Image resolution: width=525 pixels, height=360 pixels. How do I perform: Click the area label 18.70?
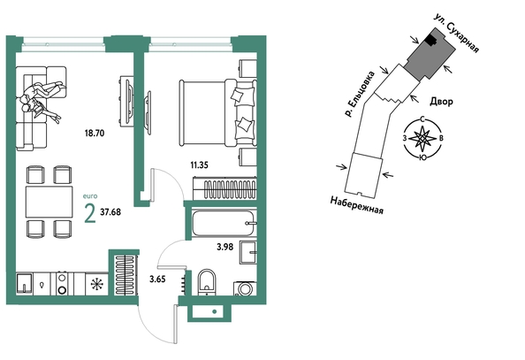95,133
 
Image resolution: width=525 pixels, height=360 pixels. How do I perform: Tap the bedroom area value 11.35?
199,165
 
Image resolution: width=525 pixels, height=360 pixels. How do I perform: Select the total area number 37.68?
110,212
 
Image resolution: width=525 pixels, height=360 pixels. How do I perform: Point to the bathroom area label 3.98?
225,247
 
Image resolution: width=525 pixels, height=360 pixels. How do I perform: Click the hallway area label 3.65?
157,279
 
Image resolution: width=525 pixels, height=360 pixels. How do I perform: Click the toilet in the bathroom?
207,282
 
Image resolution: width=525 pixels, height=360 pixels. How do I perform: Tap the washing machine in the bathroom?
245,288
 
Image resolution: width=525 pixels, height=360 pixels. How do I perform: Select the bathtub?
224,223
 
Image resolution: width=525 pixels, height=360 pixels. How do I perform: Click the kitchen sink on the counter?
25,284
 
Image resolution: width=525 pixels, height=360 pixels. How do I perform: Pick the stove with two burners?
62,283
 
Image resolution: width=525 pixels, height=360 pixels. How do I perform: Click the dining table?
49,203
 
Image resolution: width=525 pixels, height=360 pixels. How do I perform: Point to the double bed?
218,112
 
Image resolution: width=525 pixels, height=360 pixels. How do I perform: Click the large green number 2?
90,213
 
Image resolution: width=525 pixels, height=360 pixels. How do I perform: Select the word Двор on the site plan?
441,101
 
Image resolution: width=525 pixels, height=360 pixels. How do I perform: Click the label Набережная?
356,205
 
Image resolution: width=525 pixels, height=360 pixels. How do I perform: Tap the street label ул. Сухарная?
456,34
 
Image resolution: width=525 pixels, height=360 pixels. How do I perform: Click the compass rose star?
422,138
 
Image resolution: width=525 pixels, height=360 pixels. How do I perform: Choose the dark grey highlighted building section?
430,57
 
